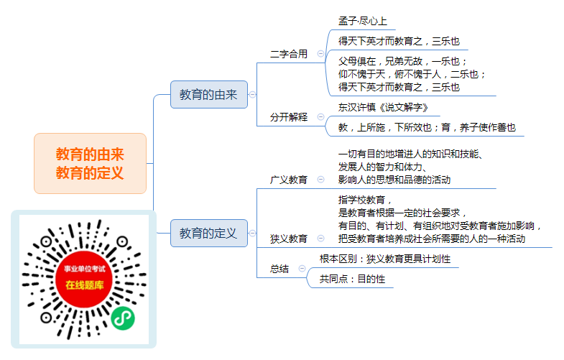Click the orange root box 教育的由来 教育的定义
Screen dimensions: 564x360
point(90,163)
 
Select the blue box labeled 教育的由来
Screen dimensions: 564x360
point(209,95)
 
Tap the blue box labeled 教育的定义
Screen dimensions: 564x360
point(209,233)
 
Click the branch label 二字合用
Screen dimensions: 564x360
point(289,54)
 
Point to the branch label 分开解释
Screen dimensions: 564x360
point(289,117)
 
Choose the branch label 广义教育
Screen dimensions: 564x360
point(289,180)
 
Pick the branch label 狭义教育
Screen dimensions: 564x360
point(289,239)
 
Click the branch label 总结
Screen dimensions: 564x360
point(279,269)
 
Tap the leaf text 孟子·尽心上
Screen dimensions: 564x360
point(363,21)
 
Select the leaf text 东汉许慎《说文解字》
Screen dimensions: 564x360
point(383,107)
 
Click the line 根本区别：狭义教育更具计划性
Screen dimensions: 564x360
point(385,259)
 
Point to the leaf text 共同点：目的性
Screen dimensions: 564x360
point(352,279)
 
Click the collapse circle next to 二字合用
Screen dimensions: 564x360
point(320,54)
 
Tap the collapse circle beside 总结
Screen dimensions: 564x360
point(302,268)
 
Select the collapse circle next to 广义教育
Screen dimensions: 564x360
point(320,179)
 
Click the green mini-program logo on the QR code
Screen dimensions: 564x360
point(123,318)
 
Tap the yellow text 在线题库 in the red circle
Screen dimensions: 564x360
point(85,285)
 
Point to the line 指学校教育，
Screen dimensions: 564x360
point(365,200)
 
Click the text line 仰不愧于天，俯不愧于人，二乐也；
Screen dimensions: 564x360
point(412,74)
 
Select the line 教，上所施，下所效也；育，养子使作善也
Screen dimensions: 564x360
point(427,127)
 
